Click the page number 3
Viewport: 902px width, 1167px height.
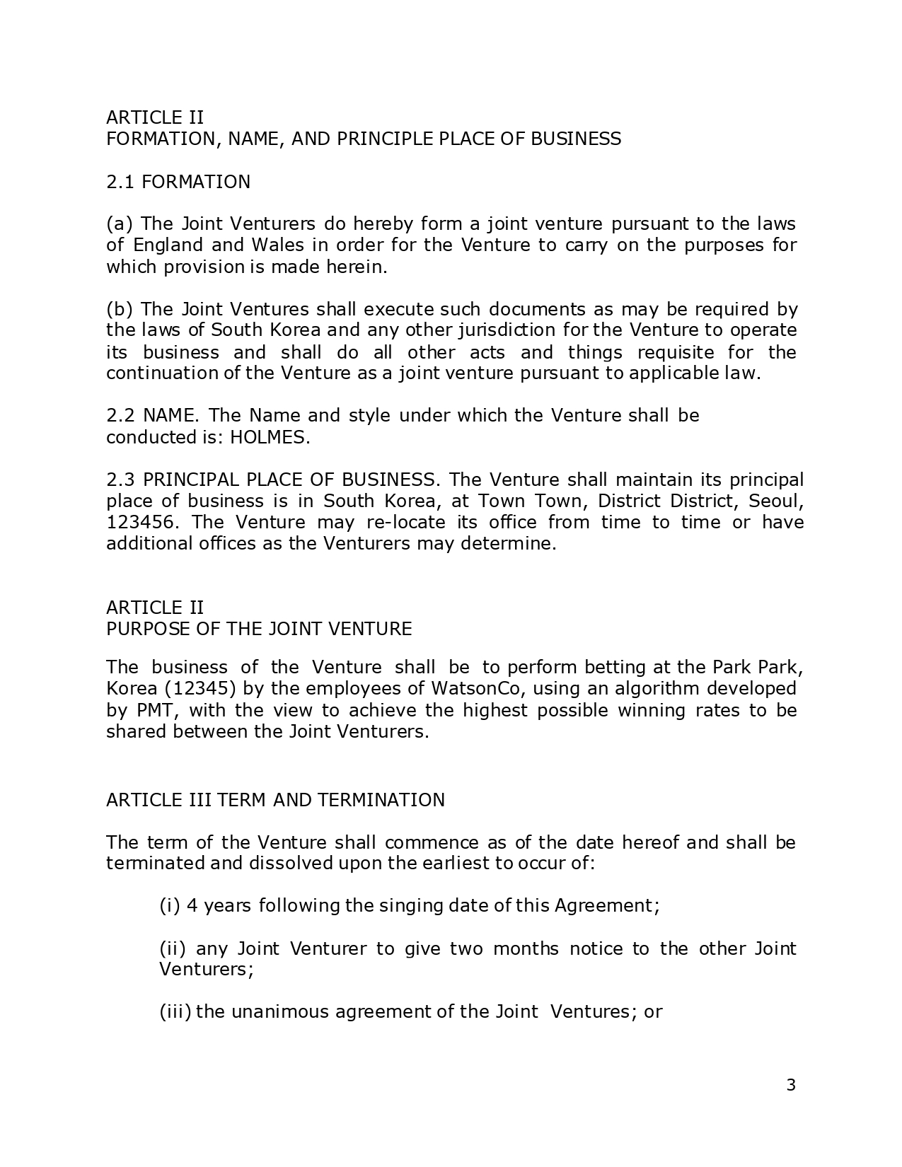pyautogui.click(x=790, y=1085)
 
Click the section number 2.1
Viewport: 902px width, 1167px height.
pyautogui.click(x=120, y=182)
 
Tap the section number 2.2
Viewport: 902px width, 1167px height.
pyautogui.click(x=120, y=416)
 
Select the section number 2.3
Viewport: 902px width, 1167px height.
pyautogui.click(x=121, y=480)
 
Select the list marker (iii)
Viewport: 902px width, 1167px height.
pyautogui.click(x=175, y=1012)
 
